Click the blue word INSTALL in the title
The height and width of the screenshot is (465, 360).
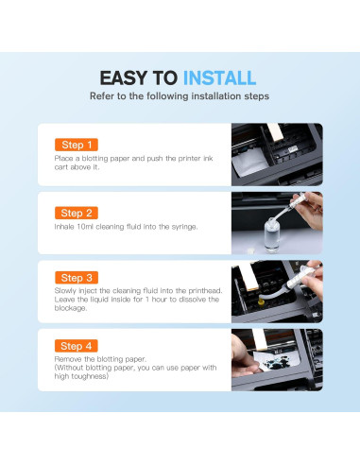click(x=219, y=78)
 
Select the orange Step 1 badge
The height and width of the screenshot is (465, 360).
click(x=77, y=145)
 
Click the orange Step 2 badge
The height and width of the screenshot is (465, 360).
click(x=77, y=213)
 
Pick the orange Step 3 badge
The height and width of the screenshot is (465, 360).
click(x=77, y=278)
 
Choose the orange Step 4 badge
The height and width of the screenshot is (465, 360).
click(x=77, y=346)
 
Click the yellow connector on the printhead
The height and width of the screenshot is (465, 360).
click(x=261, y=302)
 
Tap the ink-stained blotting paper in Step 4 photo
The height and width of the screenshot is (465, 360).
click(x=277, y=361)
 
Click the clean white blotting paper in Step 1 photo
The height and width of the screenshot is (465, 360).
click(x=251, y=163)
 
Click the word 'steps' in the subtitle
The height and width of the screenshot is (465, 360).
click(x=257, y=96)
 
